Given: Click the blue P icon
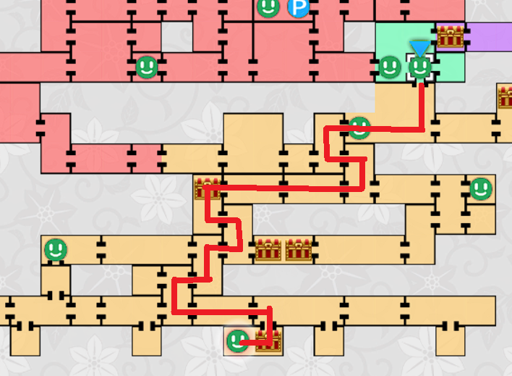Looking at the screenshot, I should tap(298, 9).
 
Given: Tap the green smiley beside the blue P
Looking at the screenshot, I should tap(268, 8).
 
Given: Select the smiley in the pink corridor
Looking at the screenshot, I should tap(147, 67).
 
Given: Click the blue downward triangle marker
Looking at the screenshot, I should tap(419, 49).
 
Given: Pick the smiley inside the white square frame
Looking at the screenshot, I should tap(420, 67).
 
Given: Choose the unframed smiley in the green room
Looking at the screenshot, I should tap(390, 67).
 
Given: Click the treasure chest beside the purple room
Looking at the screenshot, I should tap(450, 36).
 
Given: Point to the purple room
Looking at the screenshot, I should tap(490, 37).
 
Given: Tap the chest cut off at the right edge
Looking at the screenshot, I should tap(505, 96).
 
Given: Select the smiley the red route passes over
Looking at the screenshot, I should tap(359, 128).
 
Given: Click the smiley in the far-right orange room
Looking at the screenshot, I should tap(481, 189).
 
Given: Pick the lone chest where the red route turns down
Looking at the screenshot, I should tap(208, 188).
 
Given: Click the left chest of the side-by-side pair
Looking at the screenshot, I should tap(268, 250).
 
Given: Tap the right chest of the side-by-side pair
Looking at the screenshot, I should tap(298, 250).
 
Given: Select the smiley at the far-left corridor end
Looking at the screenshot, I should tap(56, 250).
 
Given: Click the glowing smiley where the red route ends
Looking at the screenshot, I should tap(237, 341).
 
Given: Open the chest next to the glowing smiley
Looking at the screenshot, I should tap(268, 341).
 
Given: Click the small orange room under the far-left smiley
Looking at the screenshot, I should tap(56, 280).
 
